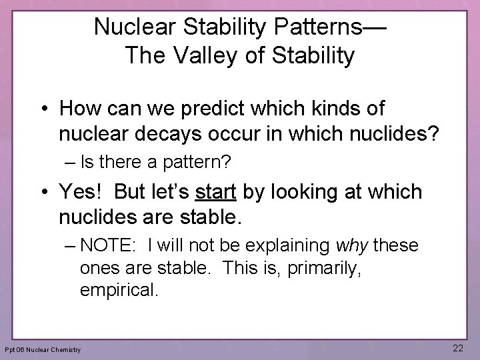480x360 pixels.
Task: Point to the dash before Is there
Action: pyautogui.click(x=69, y=161)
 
